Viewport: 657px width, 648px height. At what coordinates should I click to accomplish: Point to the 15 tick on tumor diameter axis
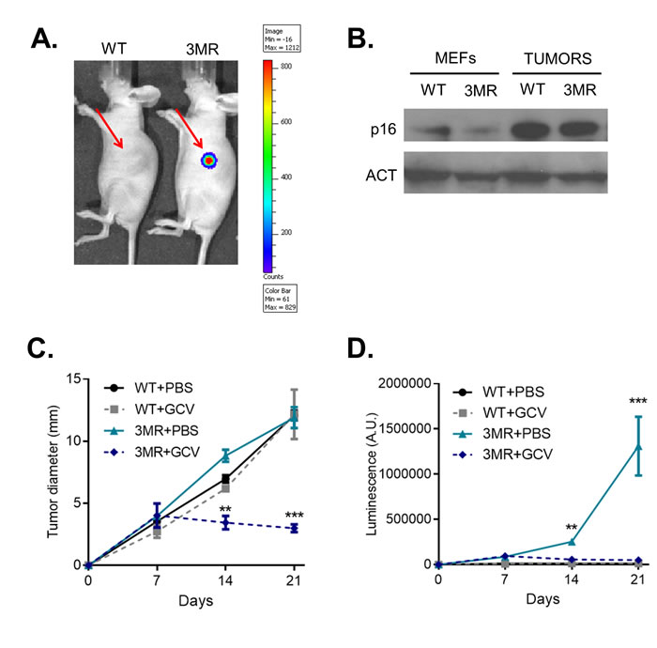(x=71, y=378)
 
